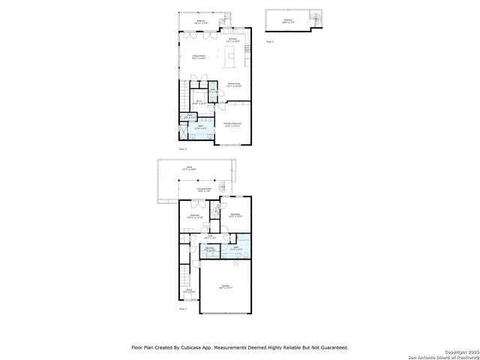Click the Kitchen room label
(233, 39)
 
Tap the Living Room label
(199, 57)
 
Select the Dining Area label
(234, 85)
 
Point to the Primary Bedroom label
(232, 124)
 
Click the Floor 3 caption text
(270, 42)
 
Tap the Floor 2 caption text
(182, 150)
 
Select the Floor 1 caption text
(182, 308)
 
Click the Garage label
(225, 286)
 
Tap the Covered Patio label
(202, 190)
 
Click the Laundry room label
(211, 247)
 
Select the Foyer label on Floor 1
(190, 291)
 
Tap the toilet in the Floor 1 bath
(236, 263)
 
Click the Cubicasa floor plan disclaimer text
(240, 347)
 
